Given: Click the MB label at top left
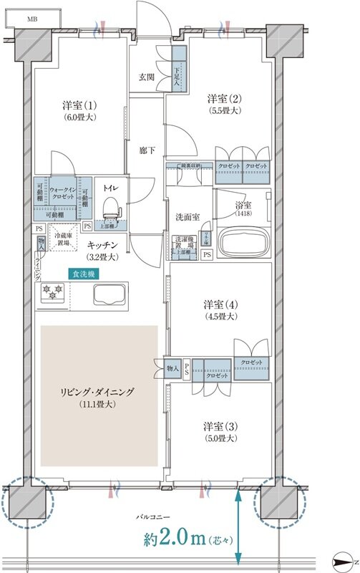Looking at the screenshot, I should (33, 19).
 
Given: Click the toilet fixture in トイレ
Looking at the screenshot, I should (110, 208).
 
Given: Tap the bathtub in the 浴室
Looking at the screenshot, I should (243, 242).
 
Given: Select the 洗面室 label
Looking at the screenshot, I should (187, 217).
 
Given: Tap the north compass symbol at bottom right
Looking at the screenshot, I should (346, 561).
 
